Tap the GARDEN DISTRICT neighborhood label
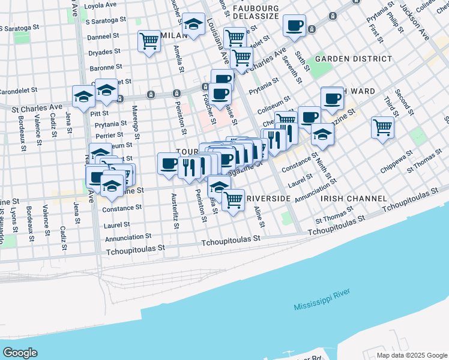tap(354, 59)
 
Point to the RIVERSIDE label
tap(269, 198)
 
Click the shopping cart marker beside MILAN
tap(149, 41)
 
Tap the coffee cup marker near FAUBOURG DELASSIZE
tap(294, 26)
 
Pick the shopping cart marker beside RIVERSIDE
tap(233, 200)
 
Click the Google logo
tap(20, 353)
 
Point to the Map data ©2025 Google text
tap(411, 355)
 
